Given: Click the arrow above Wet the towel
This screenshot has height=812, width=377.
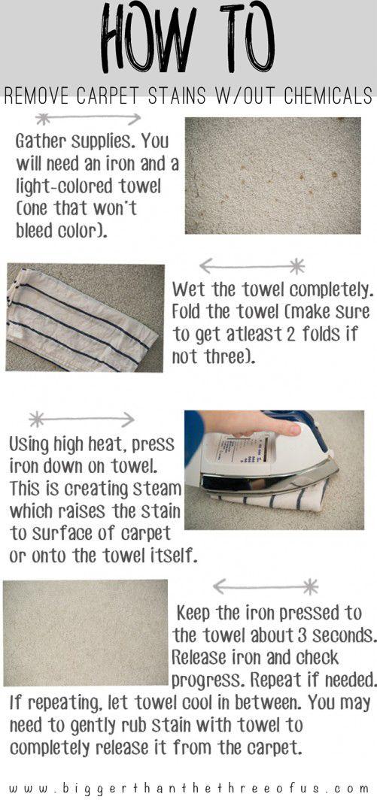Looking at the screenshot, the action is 252,266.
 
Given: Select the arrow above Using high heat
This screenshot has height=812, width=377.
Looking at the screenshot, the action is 81,419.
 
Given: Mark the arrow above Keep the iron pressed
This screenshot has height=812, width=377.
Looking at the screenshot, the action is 266,586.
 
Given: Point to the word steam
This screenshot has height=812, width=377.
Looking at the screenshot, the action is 155,489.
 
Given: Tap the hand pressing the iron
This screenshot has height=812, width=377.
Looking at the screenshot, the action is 249,424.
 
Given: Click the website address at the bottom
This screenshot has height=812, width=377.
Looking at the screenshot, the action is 189,789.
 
